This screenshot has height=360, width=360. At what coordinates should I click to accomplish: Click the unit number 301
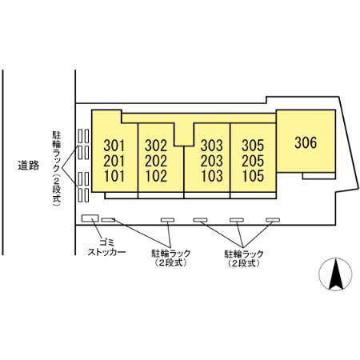click(114, 146)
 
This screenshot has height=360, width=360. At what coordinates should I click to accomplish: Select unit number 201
click(114, 161)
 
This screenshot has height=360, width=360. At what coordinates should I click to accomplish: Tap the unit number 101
click(114, 176)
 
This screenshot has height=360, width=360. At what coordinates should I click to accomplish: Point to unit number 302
click(156, 146)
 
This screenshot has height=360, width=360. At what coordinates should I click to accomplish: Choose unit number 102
click(156, 176)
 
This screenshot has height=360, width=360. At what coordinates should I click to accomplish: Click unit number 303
click(212, 146)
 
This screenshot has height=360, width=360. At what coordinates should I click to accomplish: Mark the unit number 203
click(212, 161)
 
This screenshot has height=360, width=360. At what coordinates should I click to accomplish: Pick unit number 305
click(253, 146)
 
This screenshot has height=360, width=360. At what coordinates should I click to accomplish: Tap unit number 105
click(253, 176)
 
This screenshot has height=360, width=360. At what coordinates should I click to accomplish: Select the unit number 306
click(306, 142)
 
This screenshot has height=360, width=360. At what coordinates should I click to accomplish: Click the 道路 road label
click(29, 166)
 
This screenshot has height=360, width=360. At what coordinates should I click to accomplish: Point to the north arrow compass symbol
click(335, 274)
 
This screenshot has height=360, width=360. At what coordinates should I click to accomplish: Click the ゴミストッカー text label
click(106, 247)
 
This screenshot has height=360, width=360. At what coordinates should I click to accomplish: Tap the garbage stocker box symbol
click(90, 218)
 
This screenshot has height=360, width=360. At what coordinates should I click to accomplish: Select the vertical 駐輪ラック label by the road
click(57, 169)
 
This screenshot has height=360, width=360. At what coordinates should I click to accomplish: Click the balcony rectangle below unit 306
click(319, 176)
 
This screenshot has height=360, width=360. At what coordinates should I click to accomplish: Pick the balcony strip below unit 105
click(253, 195)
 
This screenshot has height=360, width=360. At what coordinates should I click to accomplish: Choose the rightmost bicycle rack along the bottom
click(273, 220)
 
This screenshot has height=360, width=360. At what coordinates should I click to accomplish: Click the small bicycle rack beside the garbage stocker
click(108, 220)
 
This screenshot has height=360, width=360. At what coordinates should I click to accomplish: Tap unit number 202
click(156, 161)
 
